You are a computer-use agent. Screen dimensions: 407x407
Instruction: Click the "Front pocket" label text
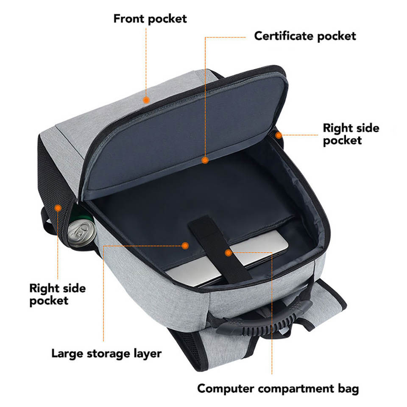150,19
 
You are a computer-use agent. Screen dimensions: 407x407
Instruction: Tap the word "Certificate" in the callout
281,36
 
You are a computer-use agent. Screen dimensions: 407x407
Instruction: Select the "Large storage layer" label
106,353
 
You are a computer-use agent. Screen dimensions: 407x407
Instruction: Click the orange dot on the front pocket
146,100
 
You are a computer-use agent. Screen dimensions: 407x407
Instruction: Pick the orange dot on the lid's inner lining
205,160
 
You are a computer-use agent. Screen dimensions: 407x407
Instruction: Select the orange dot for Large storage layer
185,245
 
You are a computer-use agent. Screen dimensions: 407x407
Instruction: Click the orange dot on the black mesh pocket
58,207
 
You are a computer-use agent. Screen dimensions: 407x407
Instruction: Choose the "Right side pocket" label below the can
58,295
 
